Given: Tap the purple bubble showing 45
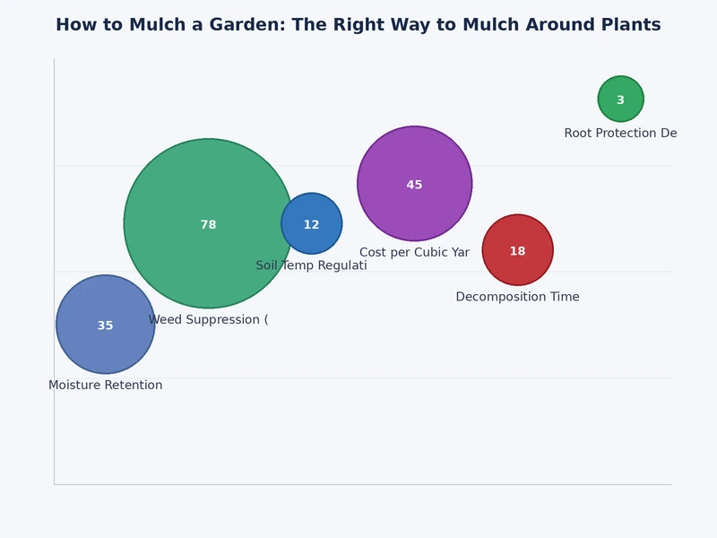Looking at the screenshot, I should (414, 161).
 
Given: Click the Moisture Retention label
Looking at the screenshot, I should (105, 386).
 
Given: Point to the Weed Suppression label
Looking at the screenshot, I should (208, 320).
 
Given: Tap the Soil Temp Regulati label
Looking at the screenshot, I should (311, 265).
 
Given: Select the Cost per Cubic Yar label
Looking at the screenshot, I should (414, 253).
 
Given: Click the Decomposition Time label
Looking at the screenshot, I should (517, 297).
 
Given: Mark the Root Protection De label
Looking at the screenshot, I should (620, 134).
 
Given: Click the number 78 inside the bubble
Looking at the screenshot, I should (208, 225).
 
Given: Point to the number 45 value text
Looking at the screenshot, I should (414, 185).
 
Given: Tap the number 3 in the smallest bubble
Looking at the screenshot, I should (620, 100).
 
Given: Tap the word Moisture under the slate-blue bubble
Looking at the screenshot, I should (74, 386).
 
